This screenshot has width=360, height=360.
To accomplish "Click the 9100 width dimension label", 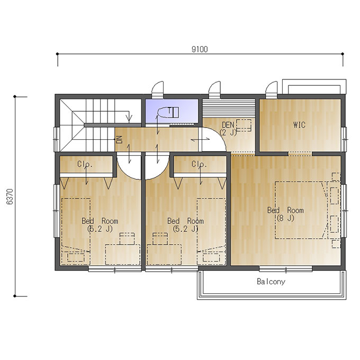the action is tap(200, 49).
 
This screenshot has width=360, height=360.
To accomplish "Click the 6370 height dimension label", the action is tap(10, 196).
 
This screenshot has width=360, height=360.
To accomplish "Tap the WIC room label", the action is tap(299, 125).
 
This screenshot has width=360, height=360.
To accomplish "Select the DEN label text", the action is tap(228, 125).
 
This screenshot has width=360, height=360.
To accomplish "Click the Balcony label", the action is tap(271, 282).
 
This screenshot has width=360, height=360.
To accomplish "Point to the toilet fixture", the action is tap(168, 112).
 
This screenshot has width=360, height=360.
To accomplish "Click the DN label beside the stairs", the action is tap(119, 140).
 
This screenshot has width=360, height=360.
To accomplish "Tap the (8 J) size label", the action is tap(285, 218).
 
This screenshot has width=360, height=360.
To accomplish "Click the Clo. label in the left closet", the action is tap(85, 164).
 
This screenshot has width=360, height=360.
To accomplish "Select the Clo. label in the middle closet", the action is tap(199, 164).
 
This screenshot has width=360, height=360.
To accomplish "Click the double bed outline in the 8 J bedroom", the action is tap(301, 210).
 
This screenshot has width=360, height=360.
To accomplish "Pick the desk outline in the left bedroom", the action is tap(123, 255).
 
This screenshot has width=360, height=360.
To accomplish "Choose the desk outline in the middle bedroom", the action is tap(164, 255).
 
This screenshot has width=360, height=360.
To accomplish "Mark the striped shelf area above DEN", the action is tap(229, 109).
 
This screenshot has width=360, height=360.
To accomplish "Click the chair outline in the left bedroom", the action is tap(127, 239).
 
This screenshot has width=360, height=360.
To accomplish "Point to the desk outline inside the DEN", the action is tap(244, 125).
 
